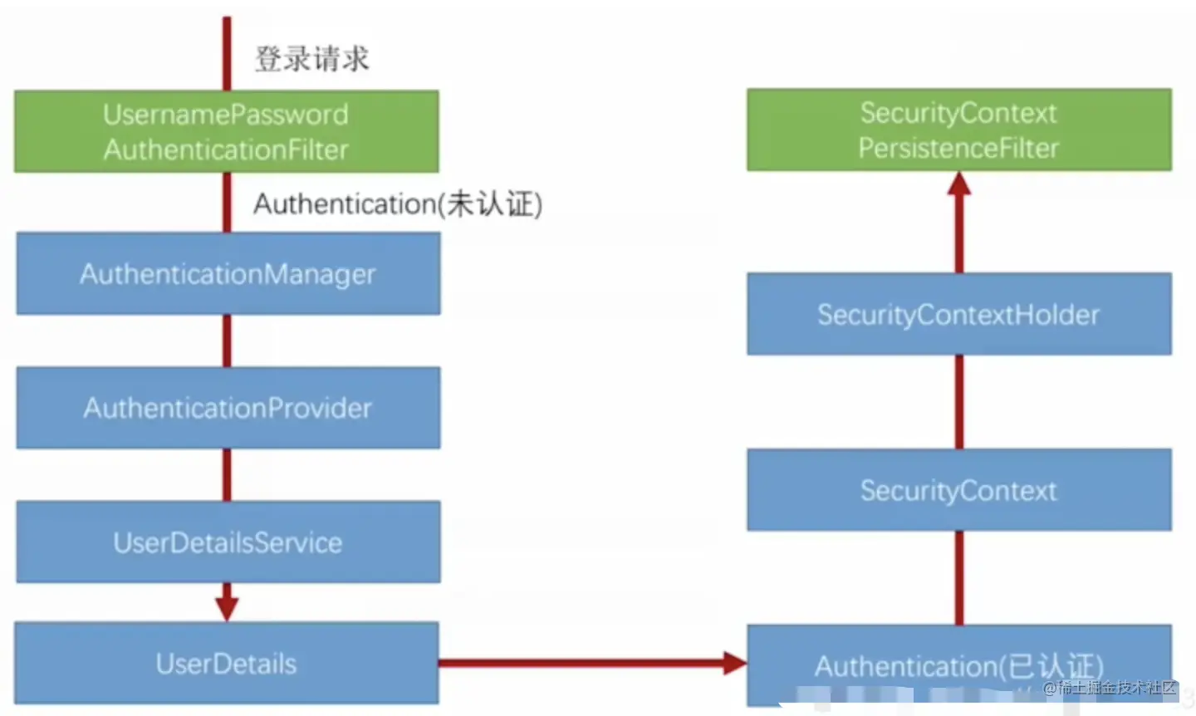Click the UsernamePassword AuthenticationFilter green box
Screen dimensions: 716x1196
[226, 131]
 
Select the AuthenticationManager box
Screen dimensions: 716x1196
[228, 273]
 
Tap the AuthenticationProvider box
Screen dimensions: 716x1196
[228, 408]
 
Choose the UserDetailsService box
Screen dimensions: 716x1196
[228, 542]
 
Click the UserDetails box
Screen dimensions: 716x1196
[226, 663]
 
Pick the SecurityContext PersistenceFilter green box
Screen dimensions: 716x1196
[959, 130]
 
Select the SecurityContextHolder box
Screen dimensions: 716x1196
[959, 314]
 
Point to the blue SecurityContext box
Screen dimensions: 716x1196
[959, 490]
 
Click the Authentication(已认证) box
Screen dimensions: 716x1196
[959, 665]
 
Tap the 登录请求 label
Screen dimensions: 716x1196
[311, 59]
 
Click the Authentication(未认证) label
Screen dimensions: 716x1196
[398, 204]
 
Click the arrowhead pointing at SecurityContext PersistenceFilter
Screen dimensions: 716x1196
[959, 184]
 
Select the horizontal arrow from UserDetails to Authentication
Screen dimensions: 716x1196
[581, 663]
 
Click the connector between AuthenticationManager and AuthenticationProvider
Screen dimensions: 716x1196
[228, 341]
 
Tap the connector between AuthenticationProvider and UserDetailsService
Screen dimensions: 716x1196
[228, 474]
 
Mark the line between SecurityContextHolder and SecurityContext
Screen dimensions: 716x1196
[959, 401]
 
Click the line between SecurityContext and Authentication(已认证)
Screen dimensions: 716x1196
[959, 577]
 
